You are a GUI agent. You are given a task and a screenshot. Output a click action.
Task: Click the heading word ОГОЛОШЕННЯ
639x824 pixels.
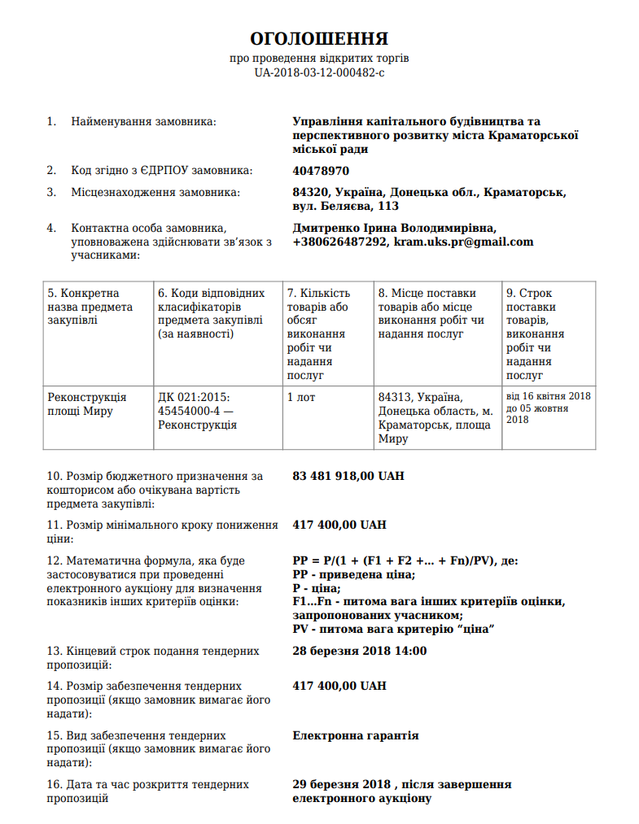point(319,39)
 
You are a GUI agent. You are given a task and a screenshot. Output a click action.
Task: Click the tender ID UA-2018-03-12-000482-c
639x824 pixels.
point(319,72)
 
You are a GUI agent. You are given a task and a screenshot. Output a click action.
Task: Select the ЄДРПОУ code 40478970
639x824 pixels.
point(321,171)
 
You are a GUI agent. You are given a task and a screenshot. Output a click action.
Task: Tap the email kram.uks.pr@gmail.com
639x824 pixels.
point(464,242)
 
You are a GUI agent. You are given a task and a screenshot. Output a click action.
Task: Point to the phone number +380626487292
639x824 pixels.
point(339,242)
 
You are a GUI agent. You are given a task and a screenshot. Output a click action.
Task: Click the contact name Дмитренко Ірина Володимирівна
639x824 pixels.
point(394,229)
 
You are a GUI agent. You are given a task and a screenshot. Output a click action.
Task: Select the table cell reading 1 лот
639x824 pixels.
point(301,397)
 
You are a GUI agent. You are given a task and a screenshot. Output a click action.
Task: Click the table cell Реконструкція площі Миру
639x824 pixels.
point(86,403)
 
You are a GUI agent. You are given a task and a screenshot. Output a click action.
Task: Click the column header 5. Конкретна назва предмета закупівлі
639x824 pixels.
point(90,306)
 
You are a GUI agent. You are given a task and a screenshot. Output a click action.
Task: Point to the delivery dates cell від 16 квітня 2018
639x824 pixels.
point(548,396)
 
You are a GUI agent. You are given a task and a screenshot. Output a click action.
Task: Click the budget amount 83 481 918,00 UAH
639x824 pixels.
point(348,476)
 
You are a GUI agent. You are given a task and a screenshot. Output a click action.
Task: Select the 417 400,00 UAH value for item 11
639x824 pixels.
point(339,525)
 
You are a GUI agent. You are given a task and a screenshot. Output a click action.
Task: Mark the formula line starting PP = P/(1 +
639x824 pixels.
point(403,560)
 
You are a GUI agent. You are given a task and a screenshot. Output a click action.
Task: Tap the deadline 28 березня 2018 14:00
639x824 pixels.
point(359,651)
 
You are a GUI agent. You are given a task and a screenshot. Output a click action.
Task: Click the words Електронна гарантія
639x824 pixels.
point(356,735)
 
